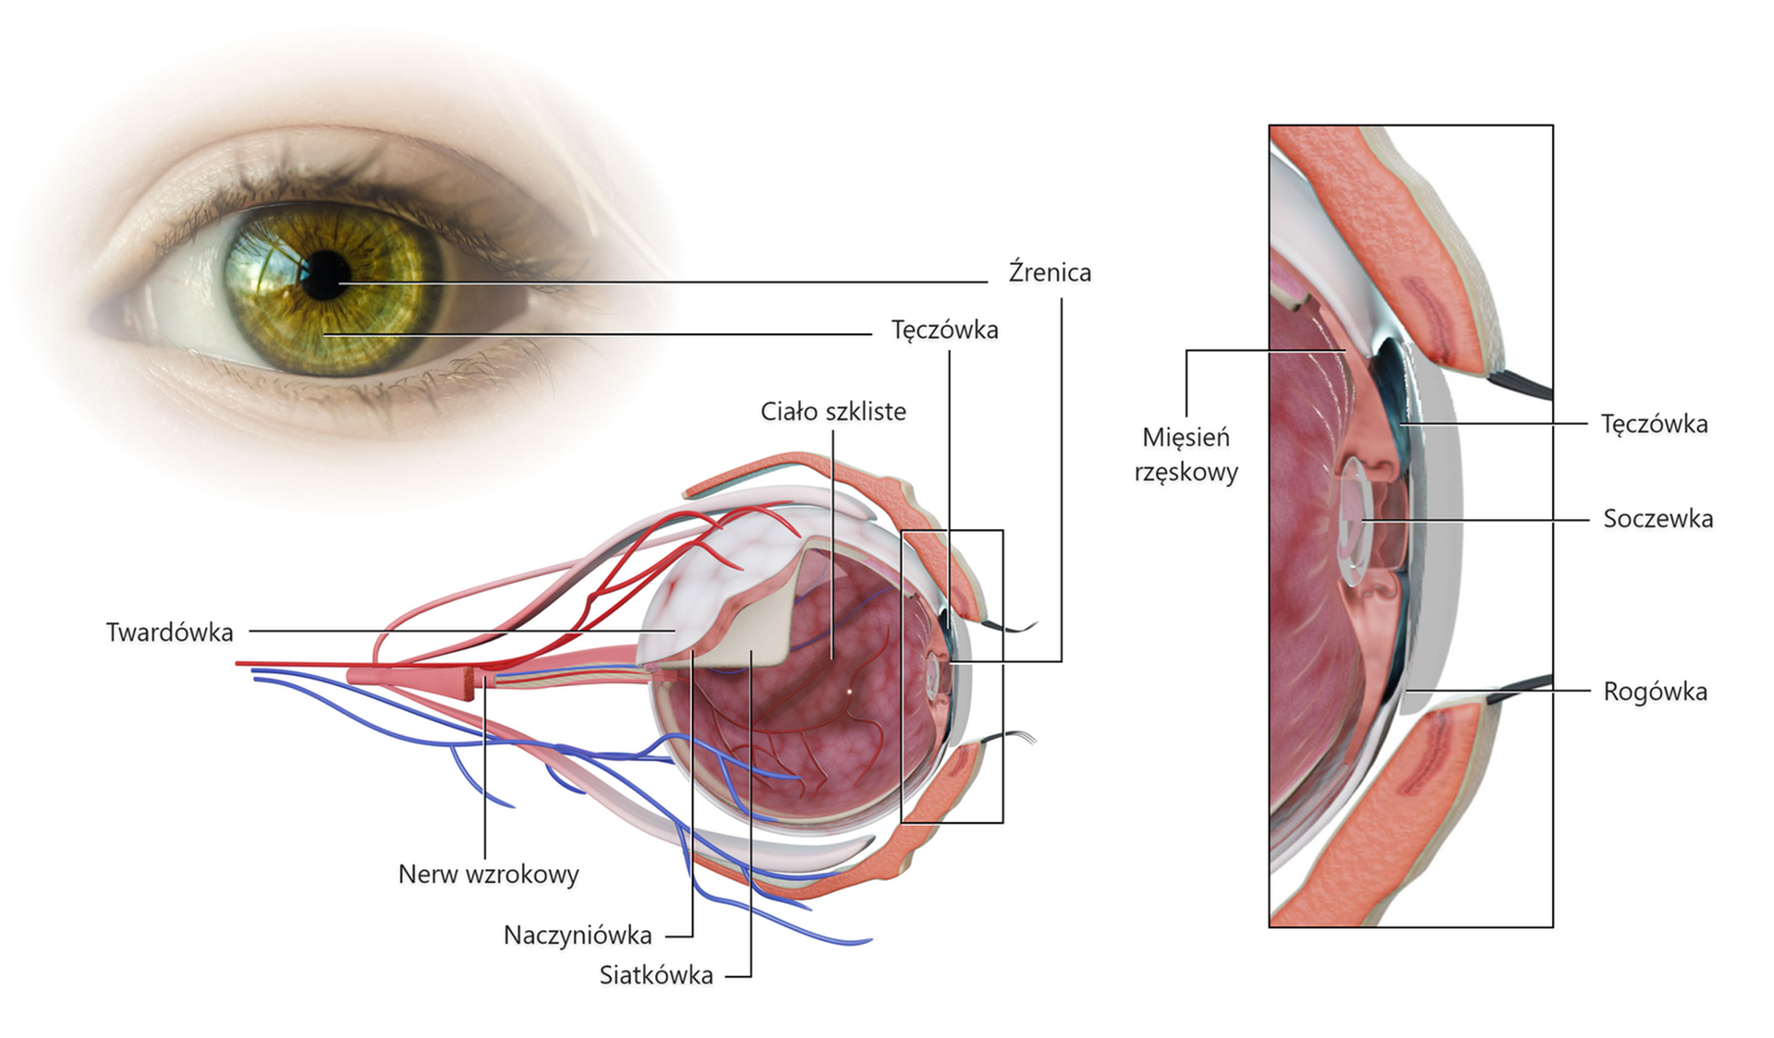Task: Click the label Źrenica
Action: coord(1050,272)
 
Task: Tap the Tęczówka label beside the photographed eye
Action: coord(944,330)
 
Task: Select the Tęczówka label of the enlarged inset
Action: coord(1654,424)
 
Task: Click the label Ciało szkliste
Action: coord(832,411)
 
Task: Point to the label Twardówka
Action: coord(169,633)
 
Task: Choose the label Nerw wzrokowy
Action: coord(488,874)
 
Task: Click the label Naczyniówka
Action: coord(577,935)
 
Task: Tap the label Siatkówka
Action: coord(656,975)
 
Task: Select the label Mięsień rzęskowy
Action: coord(1185,454)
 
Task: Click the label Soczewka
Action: coord(1658,519)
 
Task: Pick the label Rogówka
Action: coord(1655,692)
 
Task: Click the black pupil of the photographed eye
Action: coord(325,274)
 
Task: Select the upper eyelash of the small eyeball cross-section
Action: coord(1012,629)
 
